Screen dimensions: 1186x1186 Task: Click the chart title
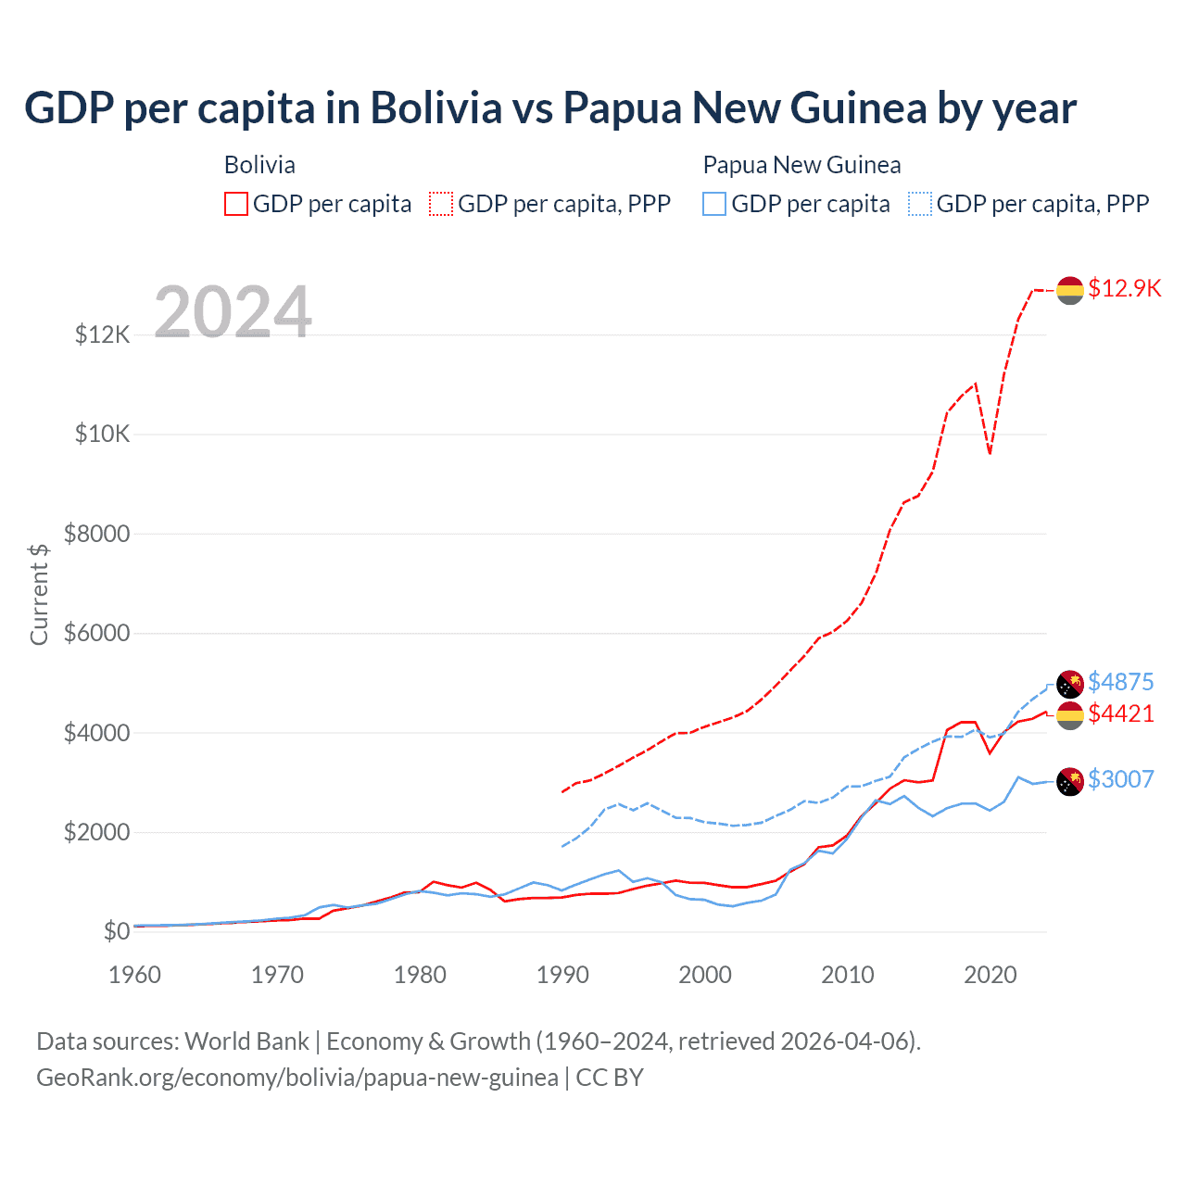[x=550, y=107]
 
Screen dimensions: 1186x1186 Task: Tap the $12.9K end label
[x=1124, y=288]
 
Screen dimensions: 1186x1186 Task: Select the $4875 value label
[x=1120, y=682]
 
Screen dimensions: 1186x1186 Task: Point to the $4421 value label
[x=1120, y=713]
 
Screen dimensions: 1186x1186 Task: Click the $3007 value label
[x=1120, y=779]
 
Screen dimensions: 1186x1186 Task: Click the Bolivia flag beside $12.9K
[x=1070, y=290]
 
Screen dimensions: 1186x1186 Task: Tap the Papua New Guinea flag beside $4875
[x=1070, y=684]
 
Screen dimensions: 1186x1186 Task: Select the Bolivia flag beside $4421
[x=1070, y=715]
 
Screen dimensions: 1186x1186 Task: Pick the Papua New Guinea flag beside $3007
[x=1070, y=781]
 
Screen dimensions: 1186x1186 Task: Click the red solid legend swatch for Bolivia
[x=236, y=204]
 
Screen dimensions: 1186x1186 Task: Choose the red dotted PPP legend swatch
[x=442, y=204]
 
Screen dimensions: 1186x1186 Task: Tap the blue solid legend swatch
[x=714, y=204]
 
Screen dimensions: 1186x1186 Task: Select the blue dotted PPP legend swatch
[x=920, y=204]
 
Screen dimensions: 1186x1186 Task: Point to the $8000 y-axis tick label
[x=96, y=534]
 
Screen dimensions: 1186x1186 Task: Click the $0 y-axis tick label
[x=116, y=931]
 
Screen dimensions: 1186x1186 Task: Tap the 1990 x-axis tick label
[x=562, y=975]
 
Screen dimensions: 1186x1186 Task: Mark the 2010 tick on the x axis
[x=848, y=975]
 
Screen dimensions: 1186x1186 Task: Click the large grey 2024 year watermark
[x=233, y=312]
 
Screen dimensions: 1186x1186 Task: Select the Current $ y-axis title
[x=39, y=594]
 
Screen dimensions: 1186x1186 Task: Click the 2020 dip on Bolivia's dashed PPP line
[x=990, y=453]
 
